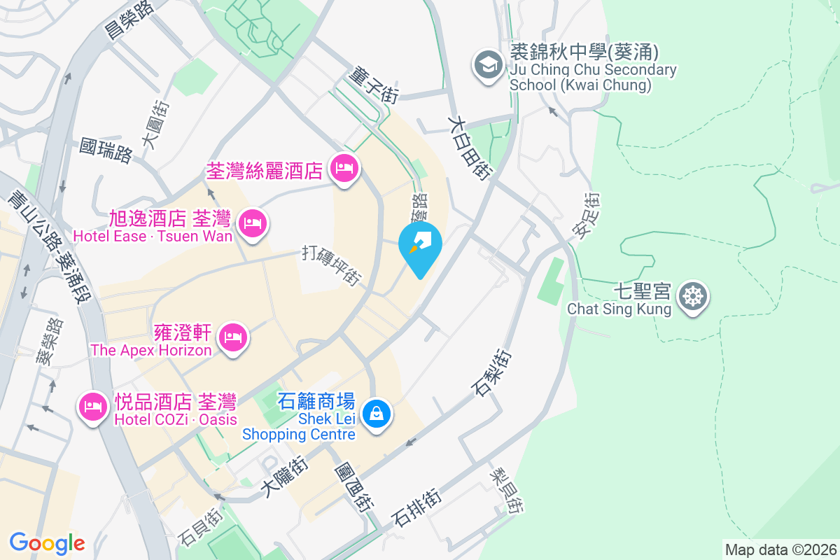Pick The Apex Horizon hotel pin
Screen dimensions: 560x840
(232, 339)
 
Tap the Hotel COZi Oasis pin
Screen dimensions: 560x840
(93, 405)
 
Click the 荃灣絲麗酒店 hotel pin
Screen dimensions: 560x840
(344, 168)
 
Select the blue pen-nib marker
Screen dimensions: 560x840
(420, 246)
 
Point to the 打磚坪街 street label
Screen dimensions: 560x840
(331, 264)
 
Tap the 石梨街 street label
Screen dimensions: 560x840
(493, 372)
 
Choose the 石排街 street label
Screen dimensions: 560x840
(417, 508)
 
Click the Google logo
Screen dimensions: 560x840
(47, 542)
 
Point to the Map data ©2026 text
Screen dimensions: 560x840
(780, 549)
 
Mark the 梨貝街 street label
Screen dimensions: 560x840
(506, 491)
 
